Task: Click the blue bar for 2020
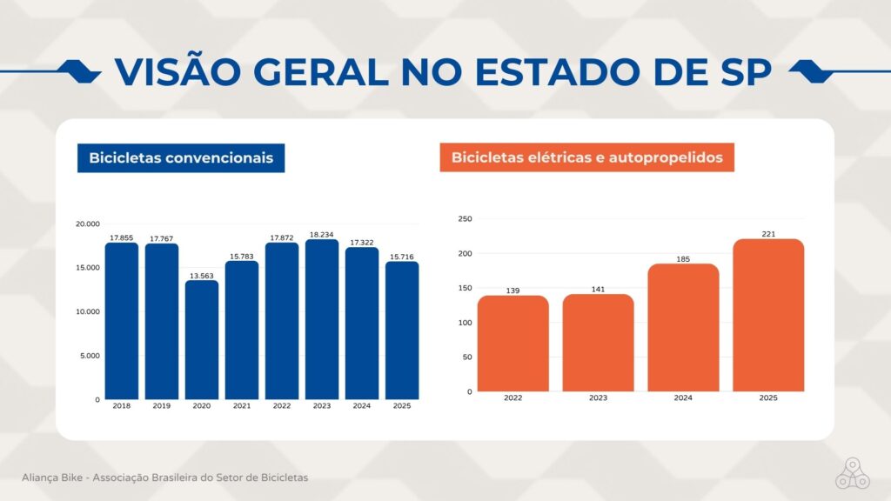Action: [x=202, y=340]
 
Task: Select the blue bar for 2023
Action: [x=322, y=319]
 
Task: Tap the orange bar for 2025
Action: [x=768, y=315]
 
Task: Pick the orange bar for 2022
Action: [x=513, y=343]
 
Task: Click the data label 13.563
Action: [x=202, y=276]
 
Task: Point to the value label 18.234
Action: [x=322, y=235]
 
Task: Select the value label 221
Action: [x=768, y=234]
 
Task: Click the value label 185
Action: [x=683, y=259]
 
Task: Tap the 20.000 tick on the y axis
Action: [x=88, y=224]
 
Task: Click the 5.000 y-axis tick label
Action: [x=90, y=356]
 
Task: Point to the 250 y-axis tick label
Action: [x=465, y=218]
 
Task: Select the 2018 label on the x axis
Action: [x=122, y=405]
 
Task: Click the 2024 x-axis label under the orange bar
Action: [x=683, y=397]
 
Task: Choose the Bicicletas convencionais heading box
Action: [x=181, y=158]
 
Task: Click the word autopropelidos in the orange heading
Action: [x=666, y=157]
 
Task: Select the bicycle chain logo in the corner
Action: [x=853, y=473]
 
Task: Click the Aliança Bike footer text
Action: [x=164, y=478]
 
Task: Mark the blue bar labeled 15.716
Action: [x=402, y=331]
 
